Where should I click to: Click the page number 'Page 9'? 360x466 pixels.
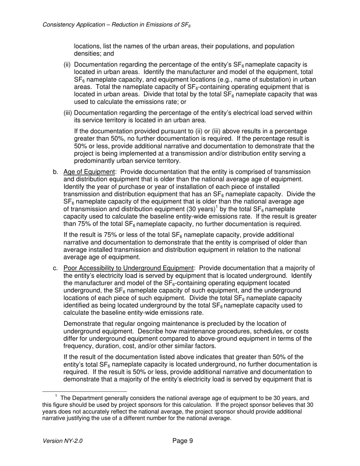tap(183, 441)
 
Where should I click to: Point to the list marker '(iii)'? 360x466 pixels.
tap(67, 113)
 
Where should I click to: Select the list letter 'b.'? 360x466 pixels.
tap(55, 172)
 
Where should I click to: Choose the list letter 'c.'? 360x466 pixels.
tap(55, 269)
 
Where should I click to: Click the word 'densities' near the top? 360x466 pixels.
tap(87, 54)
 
